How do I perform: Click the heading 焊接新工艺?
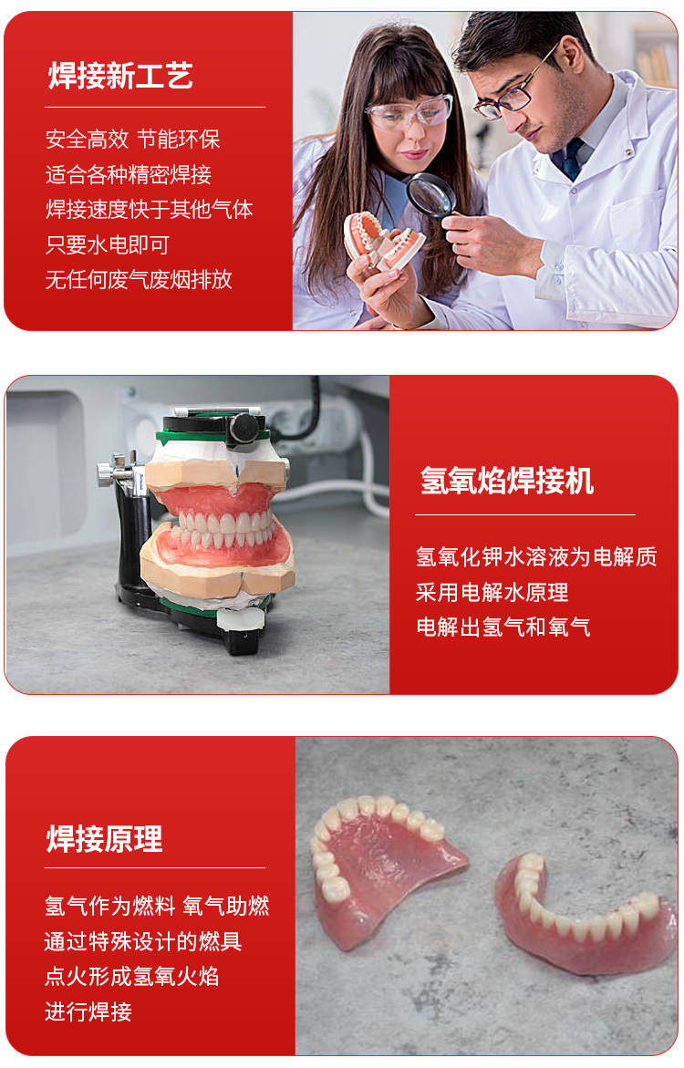120,75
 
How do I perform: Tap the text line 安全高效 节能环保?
133,139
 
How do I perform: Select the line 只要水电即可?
107,244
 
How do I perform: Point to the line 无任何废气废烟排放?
139,279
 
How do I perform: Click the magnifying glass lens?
430,193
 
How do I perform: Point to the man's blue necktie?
572,160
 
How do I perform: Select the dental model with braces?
383,242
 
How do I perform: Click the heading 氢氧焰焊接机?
506,481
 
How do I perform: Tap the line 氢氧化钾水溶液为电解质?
536,556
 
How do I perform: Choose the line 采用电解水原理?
492,592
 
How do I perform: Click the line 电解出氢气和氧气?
503,627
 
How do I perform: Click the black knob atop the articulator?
244,429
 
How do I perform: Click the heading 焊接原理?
104,838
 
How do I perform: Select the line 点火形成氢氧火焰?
132,976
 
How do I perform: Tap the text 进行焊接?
88,1011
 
